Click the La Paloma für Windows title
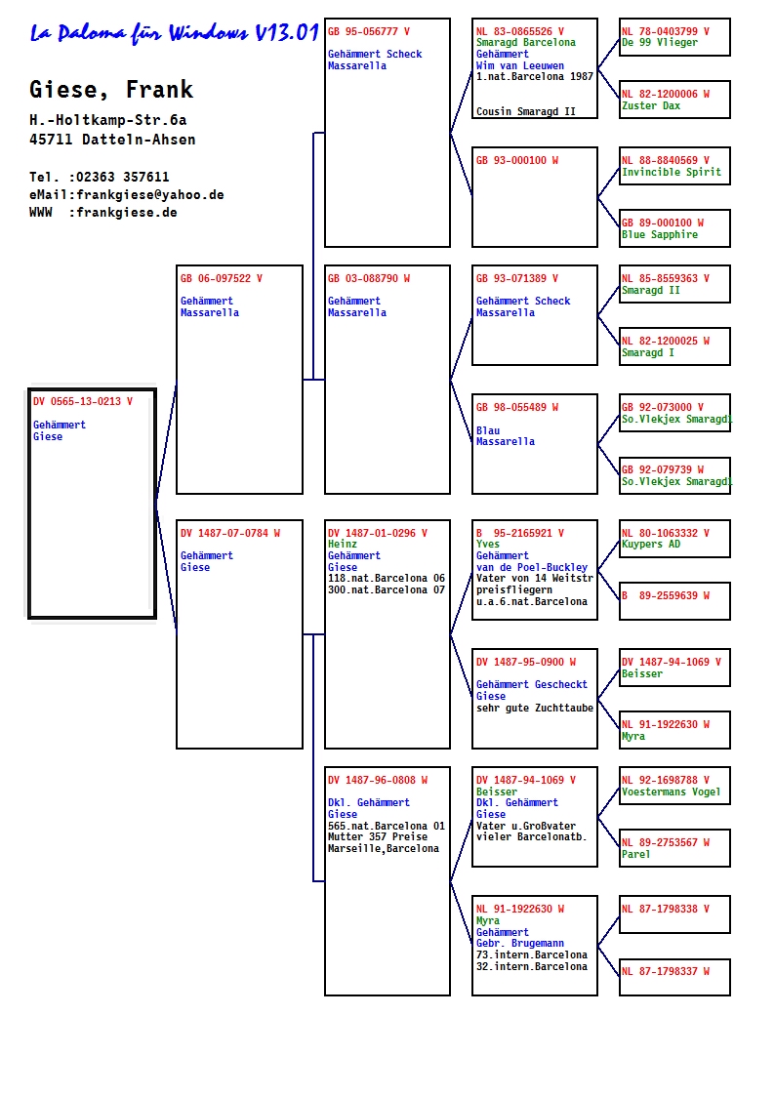pyautogui.click(x=175, y=33)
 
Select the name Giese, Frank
pyautogui.click(x=111, y=90)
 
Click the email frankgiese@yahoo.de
pyautogui.click(x=150, y=194)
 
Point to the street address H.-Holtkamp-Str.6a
pyautogui.click(x=108, y=119)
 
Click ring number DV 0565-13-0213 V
pyautogui.click(x=82, y=401)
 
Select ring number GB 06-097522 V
pyautogui.click(x=222, y=278)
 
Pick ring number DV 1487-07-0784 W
pyautogui.click(x=230, y=533)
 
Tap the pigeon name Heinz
pyautogui.click(x=343, y=544)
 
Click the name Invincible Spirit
pyautogui.click(x=672, y=172)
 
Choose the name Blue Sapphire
pyautogui.click(x=660, y=235)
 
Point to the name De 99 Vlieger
pyautogui.click(x=660, y=43)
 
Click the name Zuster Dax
pyautogui.click(x=651, y=105)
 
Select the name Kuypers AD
pyautogui.click(x=651, y=544)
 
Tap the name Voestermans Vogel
pyautogui.click(x=671, y=792)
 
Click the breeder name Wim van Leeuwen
pyautogui.click(x=520, y=65)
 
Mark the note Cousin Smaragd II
pyautogui.click(x=525, y=111)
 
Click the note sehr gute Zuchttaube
pyautogui.click(x=535, y=709)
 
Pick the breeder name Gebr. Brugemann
pyautogui.click(x=520, y=943)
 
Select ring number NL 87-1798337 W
pyautogui.click(x=666, y=972)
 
